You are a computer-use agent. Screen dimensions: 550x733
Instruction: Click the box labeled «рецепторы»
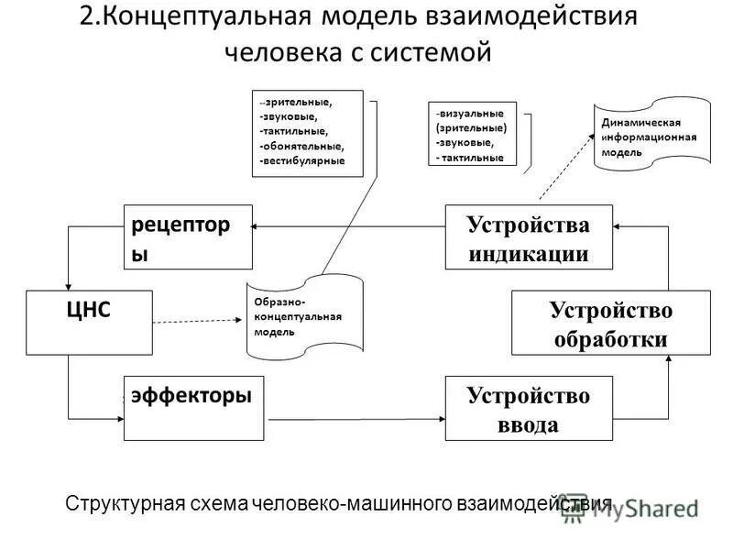[x=188, y=236]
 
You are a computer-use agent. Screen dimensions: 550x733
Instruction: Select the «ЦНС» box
[x=89, y=322]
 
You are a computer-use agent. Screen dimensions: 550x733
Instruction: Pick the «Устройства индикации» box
[x=528, y=236]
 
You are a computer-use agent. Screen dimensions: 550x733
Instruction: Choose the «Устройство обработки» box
[x=610, y=322]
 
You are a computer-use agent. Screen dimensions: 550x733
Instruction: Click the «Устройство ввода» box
[x=528, y=408]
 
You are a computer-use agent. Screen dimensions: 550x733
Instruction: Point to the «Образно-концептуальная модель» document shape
[x=303, y=316]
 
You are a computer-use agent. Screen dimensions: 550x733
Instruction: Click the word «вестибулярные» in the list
[x=303, y=160]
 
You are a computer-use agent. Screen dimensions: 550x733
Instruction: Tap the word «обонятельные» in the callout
[x=303, y=146]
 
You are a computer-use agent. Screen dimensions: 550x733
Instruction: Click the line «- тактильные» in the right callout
[x=471, y=158]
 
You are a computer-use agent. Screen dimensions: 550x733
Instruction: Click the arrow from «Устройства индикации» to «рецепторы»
[x=348, y=225]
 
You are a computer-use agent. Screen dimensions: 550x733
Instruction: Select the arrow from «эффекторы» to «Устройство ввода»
[x=357, y=419]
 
